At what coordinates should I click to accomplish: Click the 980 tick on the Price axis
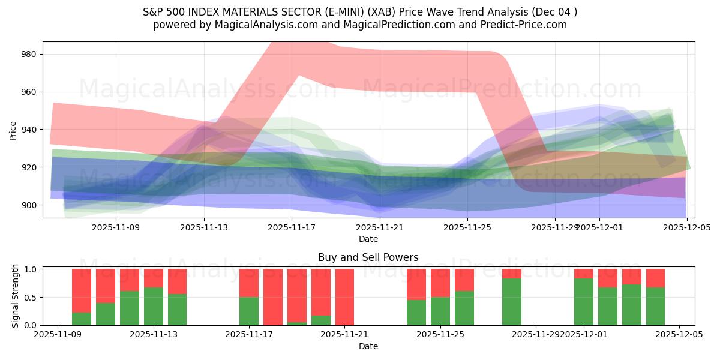click(x=28, y=54)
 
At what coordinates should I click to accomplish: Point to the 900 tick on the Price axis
click(x=28, y=205)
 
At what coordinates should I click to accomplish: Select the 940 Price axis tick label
click(x=28, y=130)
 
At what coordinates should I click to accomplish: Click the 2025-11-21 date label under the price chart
click(x=380, y=227)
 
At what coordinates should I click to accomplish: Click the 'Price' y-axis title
click(x=13, y=130)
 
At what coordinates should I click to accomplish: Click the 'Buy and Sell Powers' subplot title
click(x=368, y=257)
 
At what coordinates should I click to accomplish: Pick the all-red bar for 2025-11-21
click(x=344, y=297)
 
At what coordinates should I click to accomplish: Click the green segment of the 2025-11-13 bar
click(x=154, y=306)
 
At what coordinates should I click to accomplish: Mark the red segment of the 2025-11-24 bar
click(x=416, y=284)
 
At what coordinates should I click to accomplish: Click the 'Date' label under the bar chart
click(x=368, y=346)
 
